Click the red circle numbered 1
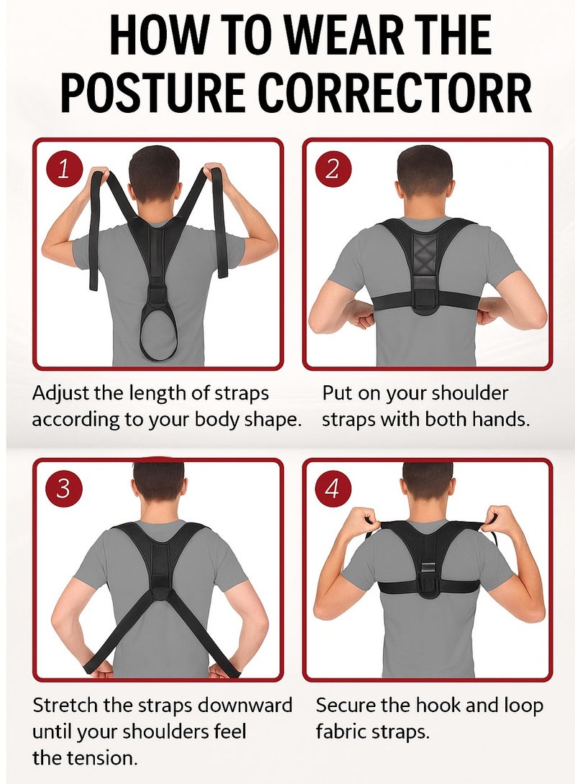(x=64, y=170)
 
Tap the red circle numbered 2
(x=332, y=170)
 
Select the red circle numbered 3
(x=63, y=489)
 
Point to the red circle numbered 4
(x=332, y=489)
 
